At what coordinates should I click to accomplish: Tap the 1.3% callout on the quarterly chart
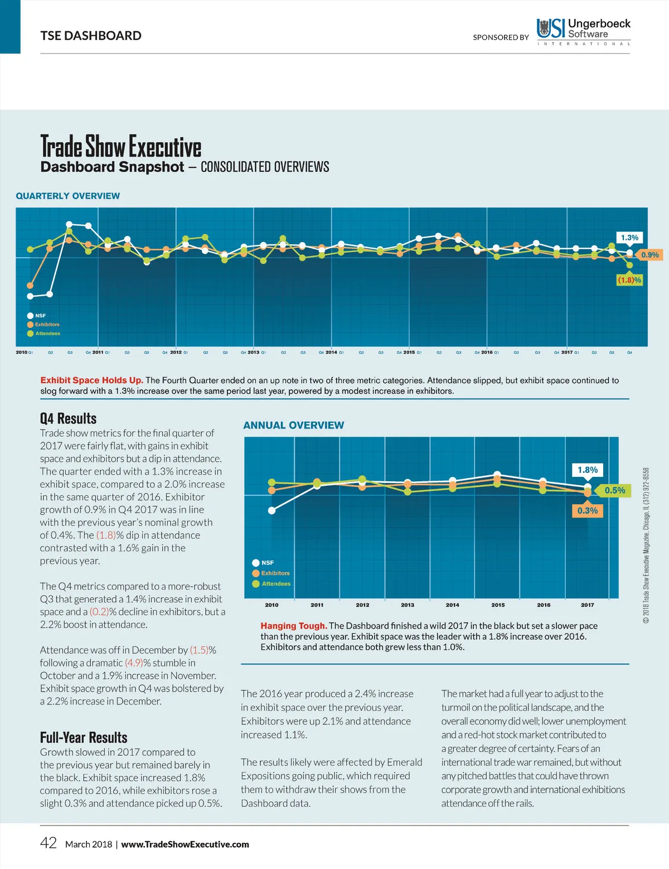(x=629, y=238)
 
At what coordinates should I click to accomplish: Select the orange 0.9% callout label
(x=649, y=255)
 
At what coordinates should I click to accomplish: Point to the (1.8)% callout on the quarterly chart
(x=629, y=280)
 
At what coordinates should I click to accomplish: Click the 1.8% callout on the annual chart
(x=588, y=470)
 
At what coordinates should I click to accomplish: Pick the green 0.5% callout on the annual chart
(x=614, y=490)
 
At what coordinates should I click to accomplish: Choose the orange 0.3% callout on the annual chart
(x=588, y=510)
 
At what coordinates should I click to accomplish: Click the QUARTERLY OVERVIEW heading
(x=67, y=196)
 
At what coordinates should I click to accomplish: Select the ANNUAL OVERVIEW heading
(x=293, y=425)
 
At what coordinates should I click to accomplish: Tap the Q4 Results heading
(x=68, y=418)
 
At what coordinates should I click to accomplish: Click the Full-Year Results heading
(x=84, y=737)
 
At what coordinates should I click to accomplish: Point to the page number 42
(x=49, y=843)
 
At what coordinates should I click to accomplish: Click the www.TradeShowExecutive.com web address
(x=185, y=844)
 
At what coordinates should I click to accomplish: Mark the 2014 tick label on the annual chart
(x=453, y=605)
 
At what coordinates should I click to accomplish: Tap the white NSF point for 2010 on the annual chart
(x=272, y=510)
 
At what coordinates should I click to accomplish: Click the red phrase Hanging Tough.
(x=293, y=626)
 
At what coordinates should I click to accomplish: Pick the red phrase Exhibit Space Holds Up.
(x=91, y=380)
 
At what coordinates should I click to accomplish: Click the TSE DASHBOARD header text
(x=91, y=36)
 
